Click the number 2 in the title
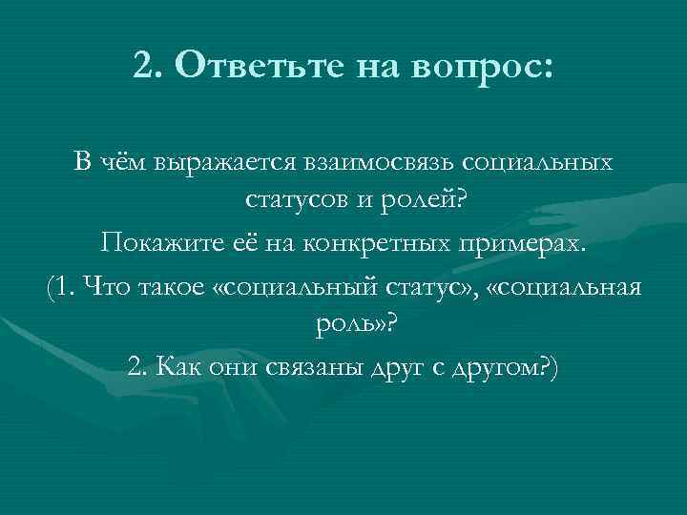click(142, 68)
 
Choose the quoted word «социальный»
click(306, 287)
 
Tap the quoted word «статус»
click(439, 287)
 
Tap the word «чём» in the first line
click(115, 164)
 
